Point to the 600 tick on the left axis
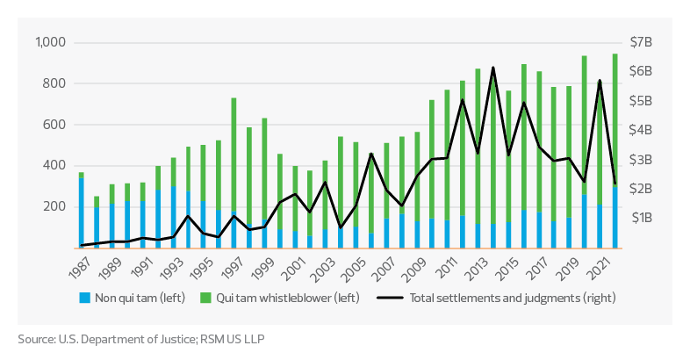pyautogui.click(x=58, y=125)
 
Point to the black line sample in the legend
pyautogui.click(x=390, y=297)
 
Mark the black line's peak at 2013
pyautogui.click(x=493, y=68)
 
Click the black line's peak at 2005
pyautogui.click(x=370, y=155)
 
